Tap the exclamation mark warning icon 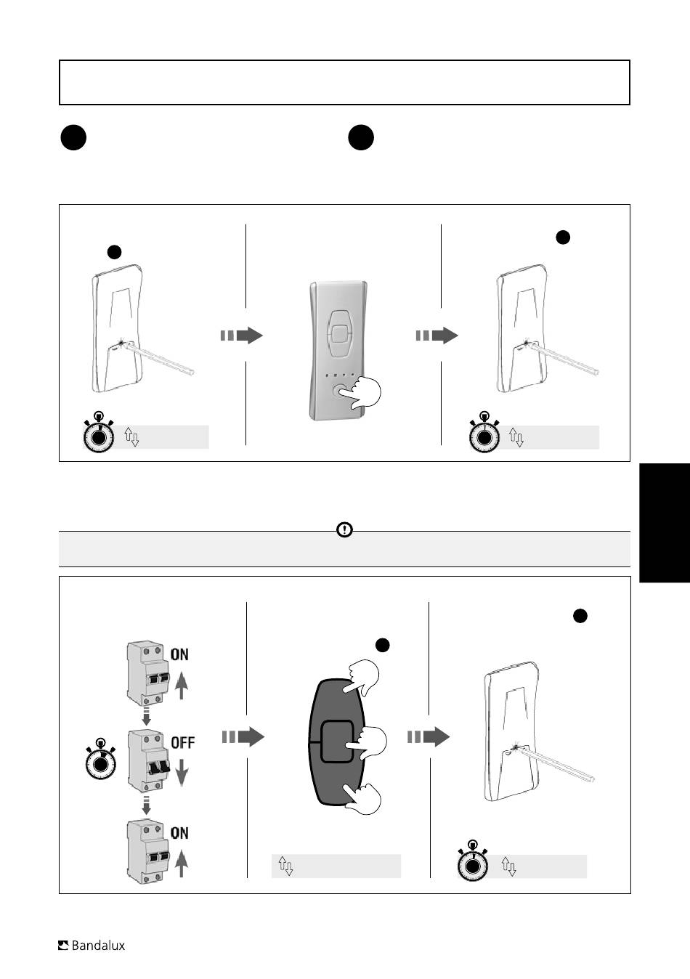tap(345, 529)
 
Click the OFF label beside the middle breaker tap(182, 742)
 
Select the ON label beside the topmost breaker tap(179, 654)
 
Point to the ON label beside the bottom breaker tap(179, 832)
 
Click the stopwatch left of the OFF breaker tap(101, 759)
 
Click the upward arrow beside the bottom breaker tap(182, 864)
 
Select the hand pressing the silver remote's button tap(360, 392)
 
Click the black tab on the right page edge tap(665, 523)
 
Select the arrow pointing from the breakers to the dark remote tap(243, 737)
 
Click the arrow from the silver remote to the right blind tap(437, 336)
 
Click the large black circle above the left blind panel tap(73, 138)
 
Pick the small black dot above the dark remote tap(382, 645)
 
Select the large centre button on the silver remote tap(338, 334)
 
